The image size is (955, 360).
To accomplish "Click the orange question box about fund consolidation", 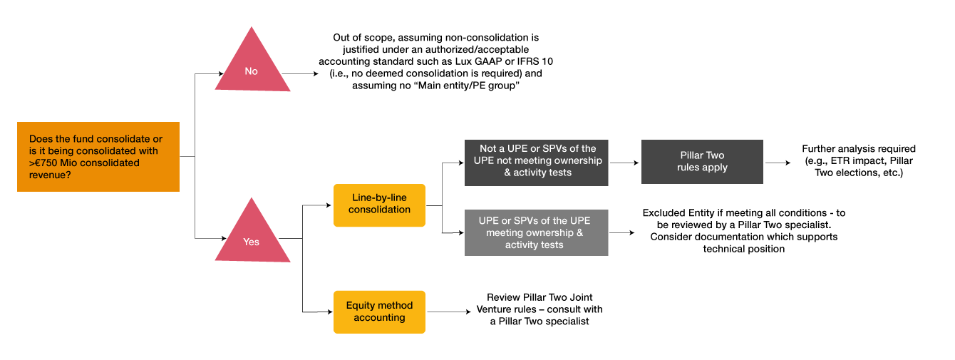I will pos(98,157).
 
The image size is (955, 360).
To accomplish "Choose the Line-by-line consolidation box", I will pos(379,205).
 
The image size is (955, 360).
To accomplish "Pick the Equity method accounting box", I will pos(379,312).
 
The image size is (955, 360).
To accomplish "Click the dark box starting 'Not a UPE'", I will pos(536,161).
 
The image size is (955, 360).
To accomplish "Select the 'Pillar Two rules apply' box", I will pos(702,162).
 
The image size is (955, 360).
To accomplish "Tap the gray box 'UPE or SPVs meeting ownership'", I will pos(536,233).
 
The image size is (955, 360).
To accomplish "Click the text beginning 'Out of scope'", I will pos(443,61).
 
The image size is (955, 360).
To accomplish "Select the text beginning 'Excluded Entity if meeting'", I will pos(743,231).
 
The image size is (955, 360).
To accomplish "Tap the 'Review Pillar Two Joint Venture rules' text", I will pos(539,309).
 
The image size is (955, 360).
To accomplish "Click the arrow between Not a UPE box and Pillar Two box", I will pos(624,163).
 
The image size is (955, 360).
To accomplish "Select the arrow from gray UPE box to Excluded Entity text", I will pos(622,233).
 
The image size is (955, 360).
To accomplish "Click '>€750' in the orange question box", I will pos(46,163).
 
